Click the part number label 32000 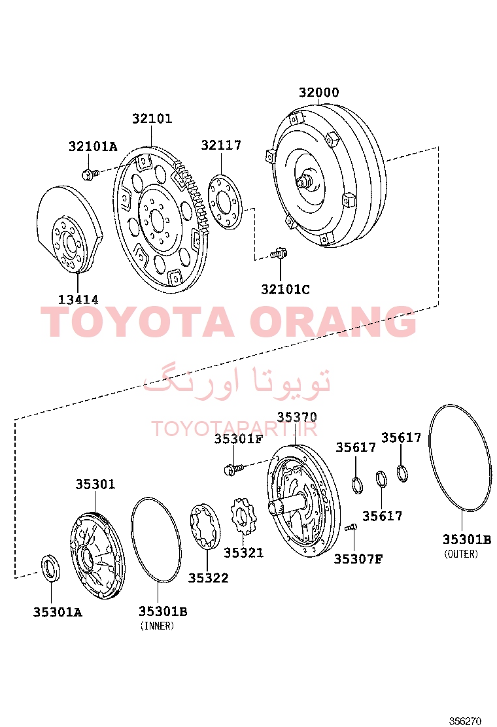[318, 92]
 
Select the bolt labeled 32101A [90, 175]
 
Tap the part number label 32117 [221, 145]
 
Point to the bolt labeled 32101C [279, 254]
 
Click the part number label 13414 [78, 299]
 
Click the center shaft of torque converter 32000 [303, 180]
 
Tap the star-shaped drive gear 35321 [244, 516]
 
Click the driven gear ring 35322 [205, 526]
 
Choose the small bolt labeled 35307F [351, 527]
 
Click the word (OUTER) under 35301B [461, 554]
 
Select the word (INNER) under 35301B [157, 626]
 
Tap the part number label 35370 [297, 417]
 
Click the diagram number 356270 [465, 721]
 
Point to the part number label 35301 [95, 484]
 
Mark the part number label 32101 [152, 119]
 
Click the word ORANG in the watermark [334, 322]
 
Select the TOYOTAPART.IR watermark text [235, 429]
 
